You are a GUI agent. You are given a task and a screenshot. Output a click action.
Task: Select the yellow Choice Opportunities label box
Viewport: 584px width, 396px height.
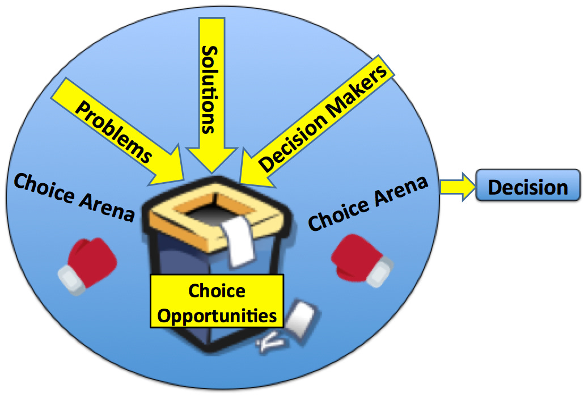[217, 300]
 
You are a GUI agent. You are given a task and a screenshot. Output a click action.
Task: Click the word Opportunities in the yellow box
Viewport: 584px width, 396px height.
[217, 315]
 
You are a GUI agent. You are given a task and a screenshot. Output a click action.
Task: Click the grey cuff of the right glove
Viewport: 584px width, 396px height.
[380, 271]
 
